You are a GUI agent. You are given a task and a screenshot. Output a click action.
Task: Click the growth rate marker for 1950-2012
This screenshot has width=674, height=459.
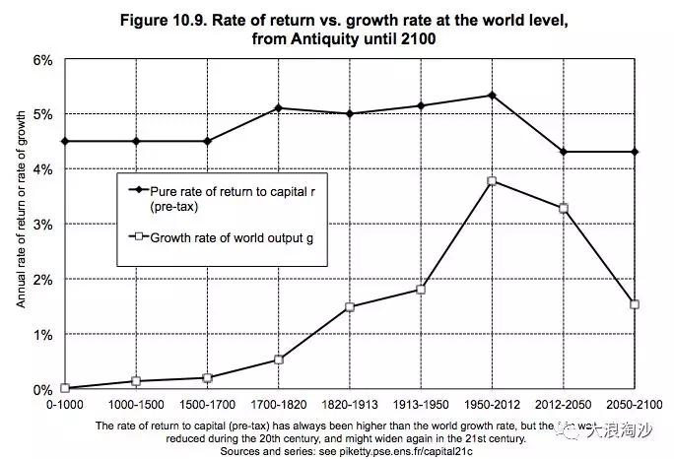[492, 181]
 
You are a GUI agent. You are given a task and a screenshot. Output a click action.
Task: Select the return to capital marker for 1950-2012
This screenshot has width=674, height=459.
[492, 96]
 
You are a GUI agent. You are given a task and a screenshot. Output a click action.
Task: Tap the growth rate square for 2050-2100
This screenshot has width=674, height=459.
[635, 304]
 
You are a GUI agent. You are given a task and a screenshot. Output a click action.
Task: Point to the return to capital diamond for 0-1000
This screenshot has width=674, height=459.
[65, 141]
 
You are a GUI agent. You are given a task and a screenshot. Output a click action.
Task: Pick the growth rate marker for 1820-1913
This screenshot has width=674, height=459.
[350, 307]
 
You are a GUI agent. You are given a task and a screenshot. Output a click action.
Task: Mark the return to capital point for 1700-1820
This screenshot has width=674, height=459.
[279, 107]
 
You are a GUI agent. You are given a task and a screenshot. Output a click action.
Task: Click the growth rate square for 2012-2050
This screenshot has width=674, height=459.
[564, 209]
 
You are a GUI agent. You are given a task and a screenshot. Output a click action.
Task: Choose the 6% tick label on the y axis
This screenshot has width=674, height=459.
[41, 59]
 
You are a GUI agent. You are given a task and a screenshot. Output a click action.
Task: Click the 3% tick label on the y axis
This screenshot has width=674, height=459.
[41, 225]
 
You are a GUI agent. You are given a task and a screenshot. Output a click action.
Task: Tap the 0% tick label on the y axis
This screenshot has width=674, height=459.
[41, 390]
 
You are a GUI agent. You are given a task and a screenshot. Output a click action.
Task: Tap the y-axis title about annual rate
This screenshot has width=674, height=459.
[21, 225]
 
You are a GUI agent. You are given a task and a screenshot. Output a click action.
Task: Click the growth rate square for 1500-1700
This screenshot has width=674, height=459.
[208, 378]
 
